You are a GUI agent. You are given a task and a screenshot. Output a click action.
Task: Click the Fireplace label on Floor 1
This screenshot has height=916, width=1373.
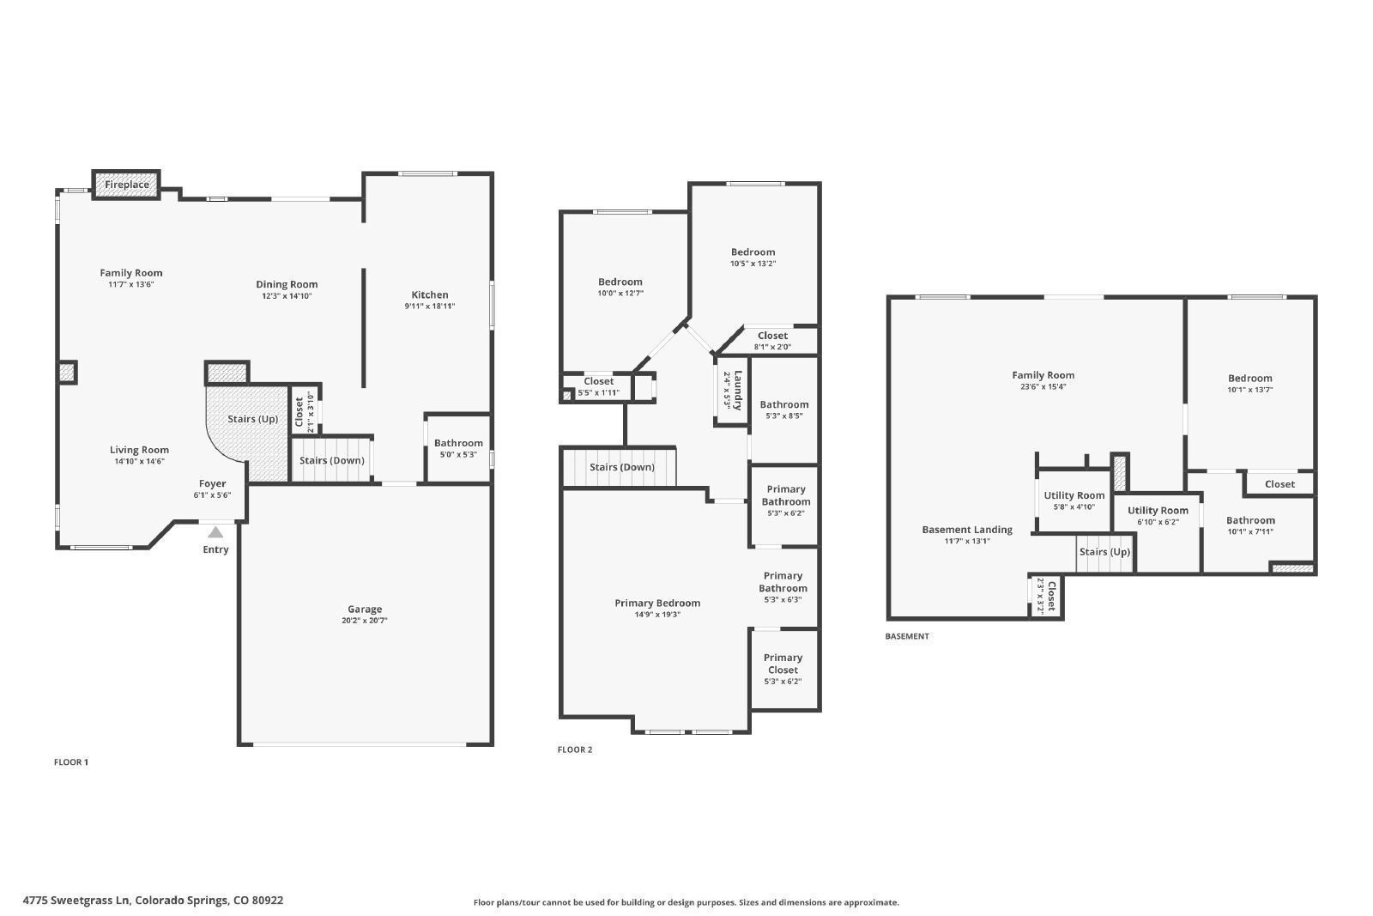point(127,185)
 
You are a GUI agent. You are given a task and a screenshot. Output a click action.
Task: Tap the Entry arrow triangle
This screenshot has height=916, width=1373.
point(215,532)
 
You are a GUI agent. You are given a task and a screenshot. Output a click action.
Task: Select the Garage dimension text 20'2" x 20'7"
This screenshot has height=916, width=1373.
point(365,621)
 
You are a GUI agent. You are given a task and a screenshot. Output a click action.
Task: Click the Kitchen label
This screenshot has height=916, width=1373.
point(430,295)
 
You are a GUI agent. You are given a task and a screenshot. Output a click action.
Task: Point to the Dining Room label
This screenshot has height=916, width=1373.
point(287,284)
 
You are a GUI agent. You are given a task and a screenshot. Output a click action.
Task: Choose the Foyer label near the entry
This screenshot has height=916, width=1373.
point(212,483)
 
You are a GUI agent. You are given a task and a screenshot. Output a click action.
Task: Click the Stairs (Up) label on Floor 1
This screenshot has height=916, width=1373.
point(252,419)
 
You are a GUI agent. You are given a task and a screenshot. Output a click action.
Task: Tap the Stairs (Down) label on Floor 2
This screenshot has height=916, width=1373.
point(622,467)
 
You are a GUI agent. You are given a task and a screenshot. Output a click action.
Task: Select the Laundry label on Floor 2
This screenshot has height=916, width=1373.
point(738,390)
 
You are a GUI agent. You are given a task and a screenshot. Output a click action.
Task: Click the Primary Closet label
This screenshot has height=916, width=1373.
point(783,664)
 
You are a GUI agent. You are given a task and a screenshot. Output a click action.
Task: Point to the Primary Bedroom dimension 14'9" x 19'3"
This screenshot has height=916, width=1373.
point(657,615)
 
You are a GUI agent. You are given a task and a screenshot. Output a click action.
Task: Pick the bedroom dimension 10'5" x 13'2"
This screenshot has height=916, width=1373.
point(753,264)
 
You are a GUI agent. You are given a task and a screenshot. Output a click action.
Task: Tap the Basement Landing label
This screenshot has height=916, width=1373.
point(967,530)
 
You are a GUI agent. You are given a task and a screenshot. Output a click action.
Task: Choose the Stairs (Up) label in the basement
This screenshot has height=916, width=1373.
point(1104,552)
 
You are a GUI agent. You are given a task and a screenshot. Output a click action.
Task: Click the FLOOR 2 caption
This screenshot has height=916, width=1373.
point(575,749)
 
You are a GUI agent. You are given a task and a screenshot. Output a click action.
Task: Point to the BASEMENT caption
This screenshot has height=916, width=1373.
point(907,636)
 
